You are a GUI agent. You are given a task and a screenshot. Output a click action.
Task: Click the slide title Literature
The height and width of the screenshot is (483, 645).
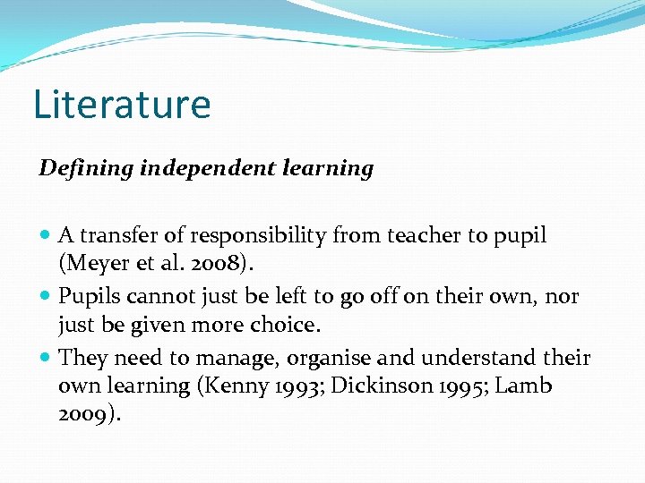(x=122, y=104)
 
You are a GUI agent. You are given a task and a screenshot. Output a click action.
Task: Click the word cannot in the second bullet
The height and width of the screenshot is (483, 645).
(x=158, y=296)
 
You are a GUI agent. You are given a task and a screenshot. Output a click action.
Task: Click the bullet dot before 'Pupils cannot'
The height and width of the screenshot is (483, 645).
(x=47, y=297)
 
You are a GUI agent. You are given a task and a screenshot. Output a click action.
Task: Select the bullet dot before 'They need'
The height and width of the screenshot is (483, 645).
(x=47, y=359)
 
